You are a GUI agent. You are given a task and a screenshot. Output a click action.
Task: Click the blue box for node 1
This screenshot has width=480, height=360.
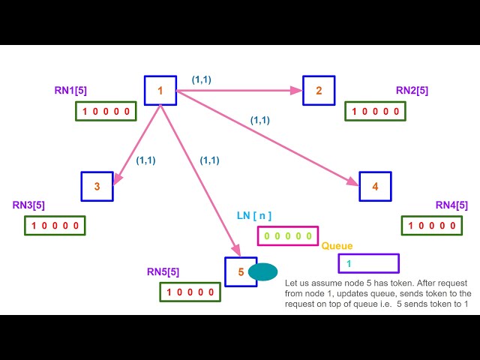(160, 91)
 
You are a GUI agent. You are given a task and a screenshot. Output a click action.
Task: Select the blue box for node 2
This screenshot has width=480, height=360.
(319, 91)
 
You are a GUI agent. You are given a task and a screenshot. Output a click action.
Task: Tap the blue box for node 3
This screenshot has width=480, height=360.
(97, 186)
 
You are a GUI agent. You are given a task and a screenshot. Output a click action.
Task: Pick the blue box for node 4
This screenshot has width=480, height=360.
(375, 186)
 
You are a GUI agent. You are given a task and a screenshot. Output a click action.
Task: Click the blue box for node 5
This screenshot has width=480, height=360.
(241, 271)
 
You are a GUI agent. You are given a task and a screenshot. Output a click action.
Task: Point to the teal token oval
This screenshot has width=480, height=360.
(262, 271)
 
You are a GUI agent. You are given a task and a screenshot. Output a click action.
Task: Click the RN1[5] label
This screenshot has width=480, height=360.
(70, 91)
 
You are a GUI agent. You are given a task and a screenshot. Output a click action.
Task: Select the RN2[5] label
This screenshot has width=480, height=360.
(412, 91)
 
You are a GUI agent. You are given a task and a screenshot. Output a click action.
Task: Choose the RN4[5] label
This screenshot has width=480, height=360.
(451, 205)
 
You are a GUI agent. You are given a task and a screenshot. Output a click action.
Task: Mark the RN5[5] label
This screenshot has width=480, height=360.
(163, 271)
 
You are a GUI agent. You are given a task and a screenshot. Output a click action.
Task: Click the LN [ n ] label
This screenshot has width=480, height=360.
(253, 216)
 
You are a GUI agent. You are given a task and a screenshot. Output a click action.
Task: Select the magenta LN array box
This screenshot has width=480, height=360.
(288, 235)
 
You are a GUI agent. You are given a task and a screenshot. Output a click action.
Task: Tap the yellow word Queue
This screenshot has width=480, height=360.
(337, 246)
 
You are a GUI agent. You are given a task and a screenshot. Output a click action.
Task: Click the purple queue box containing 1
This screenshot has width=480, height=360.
(368, 263)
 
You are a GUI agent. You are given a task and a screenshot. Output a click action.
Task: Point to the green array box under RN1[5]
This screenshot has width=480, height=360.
(106, 111)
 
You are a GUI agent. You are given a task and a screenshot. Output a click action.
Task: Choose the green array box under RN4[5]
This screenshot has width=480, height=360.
(432, 225)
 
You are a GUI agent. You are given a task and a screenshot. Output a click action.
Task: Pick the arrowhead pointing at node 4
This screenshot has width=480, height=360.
(353, 181)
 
